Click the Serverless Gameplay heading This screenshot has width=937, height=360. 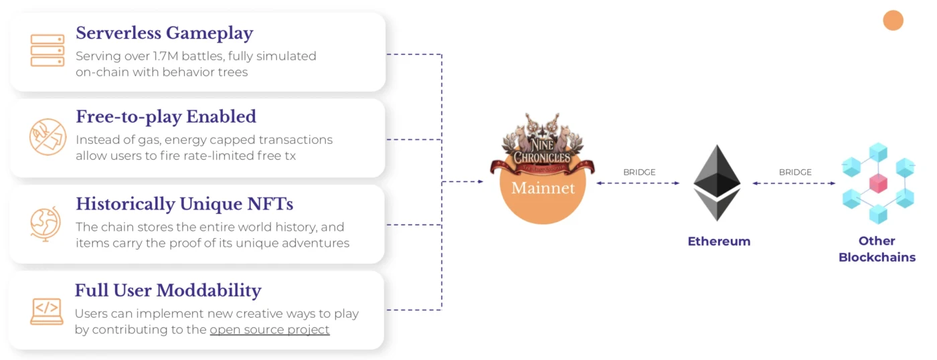164,33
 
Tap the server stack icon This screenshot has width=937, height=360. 48,51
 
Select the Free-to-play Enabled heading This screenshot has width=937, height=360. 166,116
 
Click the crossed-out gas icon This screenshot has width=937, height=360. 48,137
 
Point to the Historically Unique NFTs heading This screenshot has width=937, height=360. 184,203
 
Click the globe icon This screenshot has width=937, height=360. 46,223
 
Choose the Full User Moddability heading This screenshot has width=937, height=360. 168,290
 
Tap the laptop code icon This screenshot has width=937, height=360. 47,310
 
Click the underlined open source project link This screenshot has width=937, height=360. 269,329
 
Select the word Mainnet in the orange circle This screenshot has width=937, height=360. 543,188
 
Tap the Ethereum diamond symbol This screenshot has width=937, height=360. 717,183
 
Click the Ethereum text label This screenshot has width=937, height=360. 719,242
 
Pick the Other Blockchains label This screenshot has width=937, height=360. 877,249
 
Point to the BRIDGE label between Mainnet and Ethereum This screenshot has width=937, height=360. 639,172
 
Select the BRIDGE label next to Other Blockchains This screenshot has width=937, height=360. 795,172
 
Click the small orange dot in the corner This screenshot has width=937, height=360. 893,21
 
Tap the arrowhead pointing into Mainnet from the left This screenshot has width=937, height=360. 480,181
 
